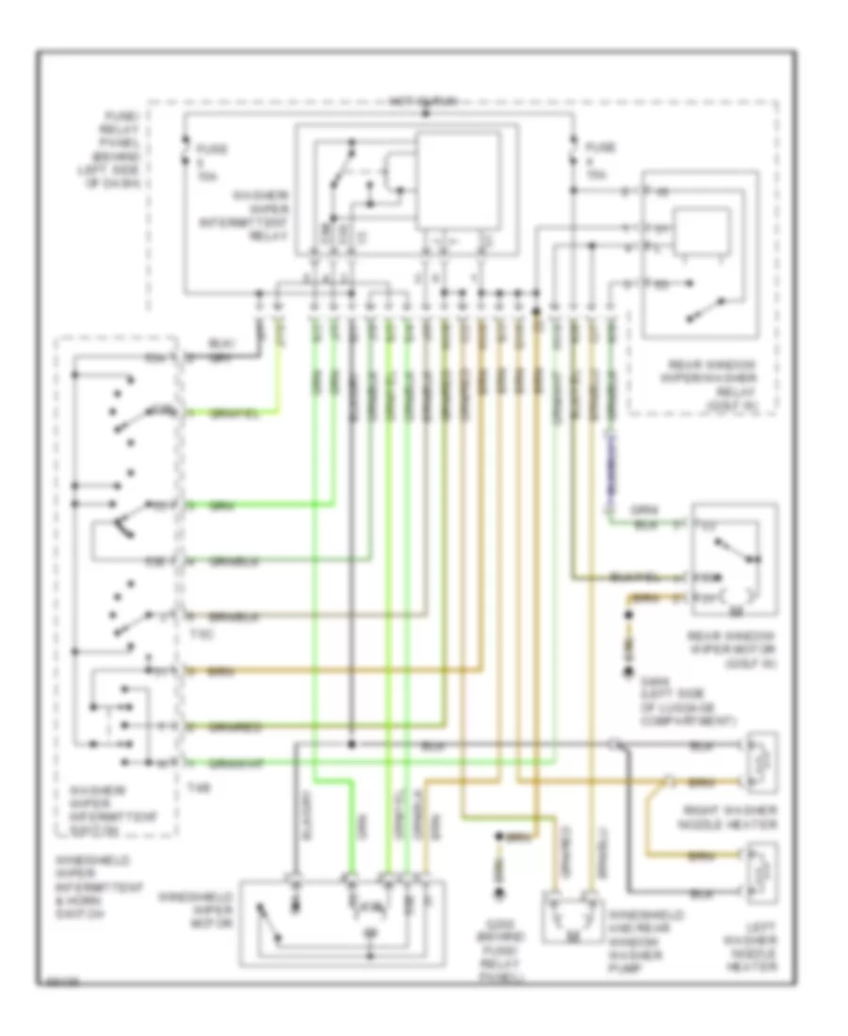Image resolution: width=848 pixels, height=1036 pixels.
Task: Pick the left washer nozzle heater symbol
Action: [x=759, y=871]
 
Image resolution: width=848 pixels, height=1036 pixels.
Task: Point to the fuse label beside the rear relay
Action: [x=595, y=161]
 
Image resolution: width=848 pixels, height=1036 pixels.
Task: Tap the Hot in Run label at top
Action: [x=424, y=98]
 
